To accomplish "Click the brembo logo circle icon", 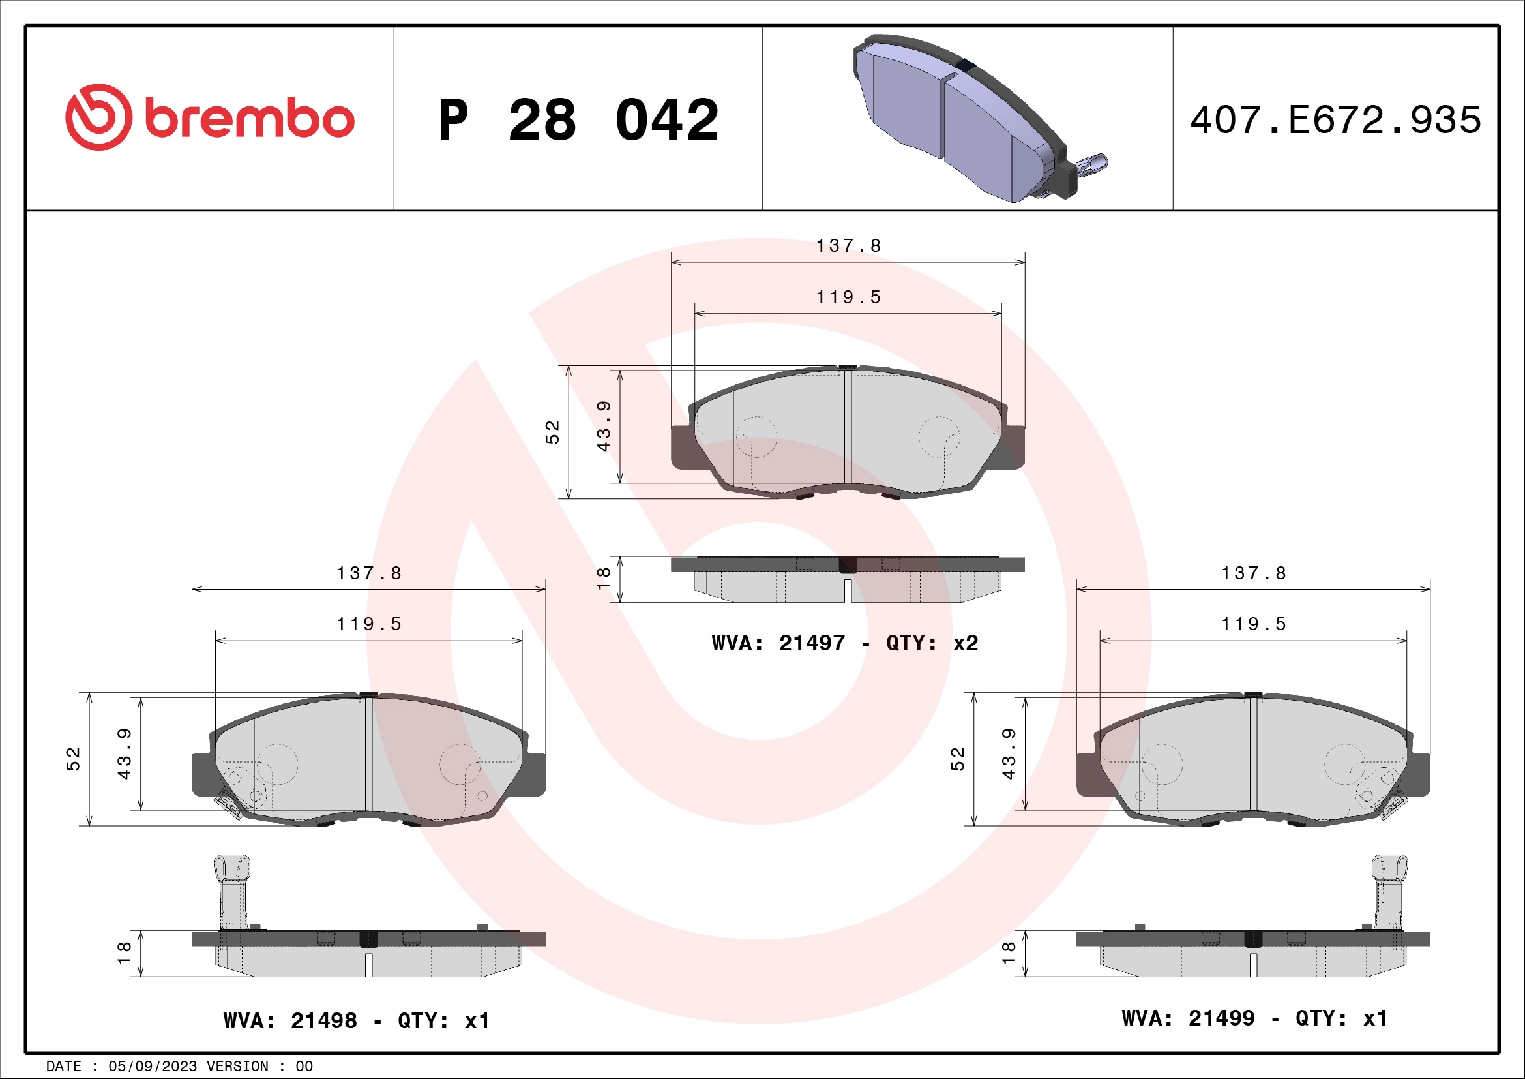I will [98, 117].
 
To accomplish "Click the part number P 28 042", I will [578, 120].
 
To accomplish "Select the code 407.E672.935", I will [1335, 120].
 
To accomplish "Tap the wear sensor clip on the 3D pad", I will [1089, 166].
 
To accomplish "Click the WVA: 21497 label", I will [778, 643].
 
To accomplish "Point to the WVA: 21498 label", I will [290, 1020].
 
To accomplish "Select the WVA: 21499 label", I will [1189, 1018].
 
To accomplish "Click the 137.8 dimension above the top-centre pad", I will [848, 246].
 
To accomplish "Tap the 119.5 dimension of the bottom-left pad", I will [368, 624].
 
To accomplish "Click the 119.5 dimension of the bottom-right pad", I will [1253, 624].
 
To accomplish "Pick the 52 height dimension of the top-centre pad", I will [553, 432].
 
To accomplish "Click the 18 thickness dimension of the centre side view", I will [603, 578].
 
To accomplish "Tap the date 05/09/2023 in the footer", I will [152, 1067].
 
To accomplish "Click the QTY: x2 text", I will [932, 643].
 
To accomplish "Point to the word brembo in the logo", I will [249, 119].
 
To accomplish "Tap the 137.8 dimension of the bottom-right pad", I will [1253, 573].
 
